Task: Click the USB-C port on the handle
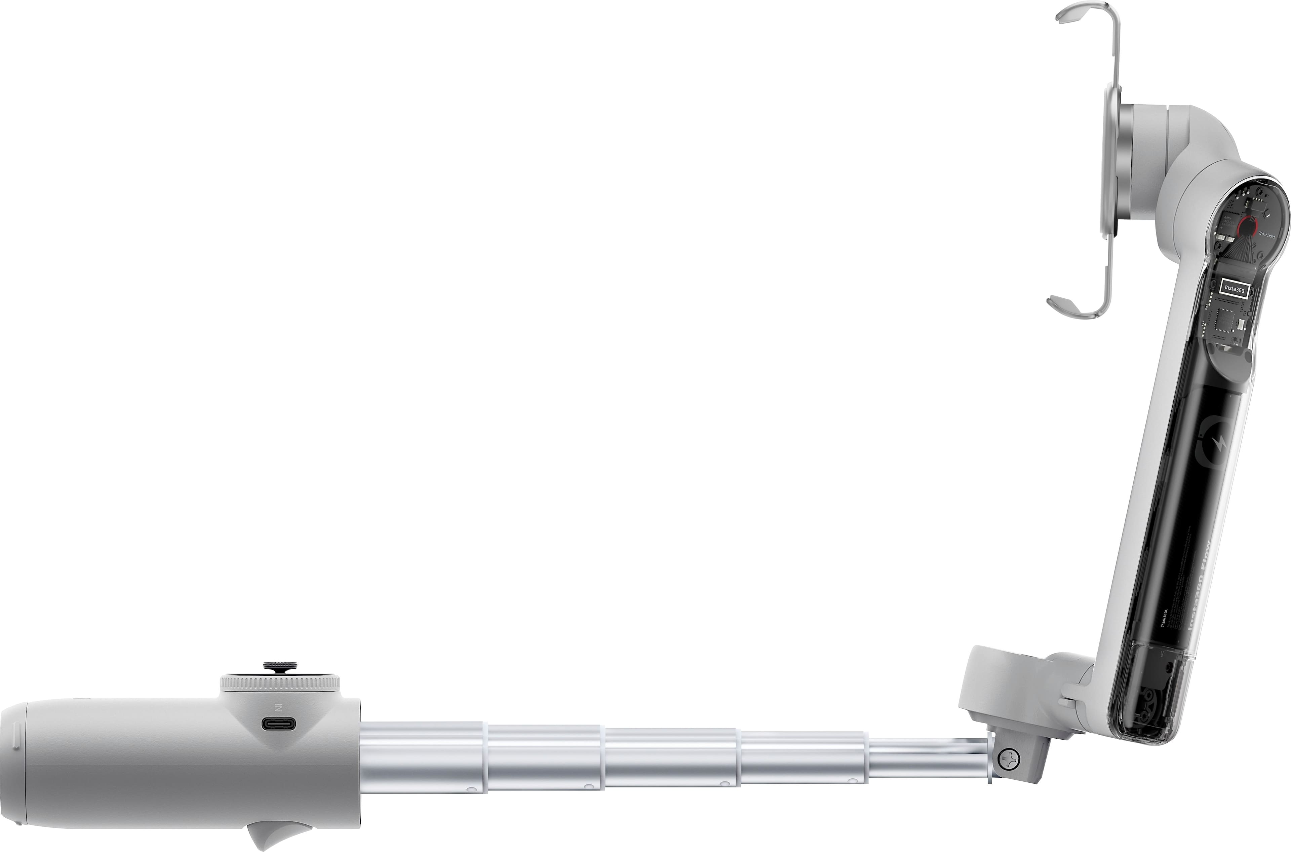tap(279, 724)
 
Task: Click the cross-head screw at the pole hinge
tap(1010, 757)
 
